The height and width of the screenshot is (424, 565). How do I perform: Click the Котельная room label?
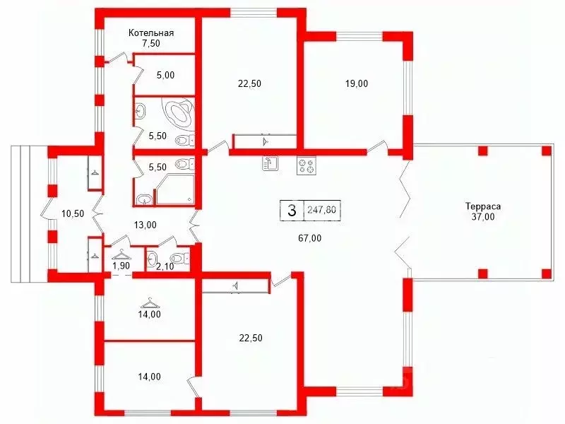[x=151, y=33]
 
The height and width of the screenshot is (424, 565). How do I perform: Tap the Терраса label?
[x=483, y=207]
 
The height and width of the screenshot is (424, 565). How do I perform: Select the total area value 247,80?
[x=321, y=209]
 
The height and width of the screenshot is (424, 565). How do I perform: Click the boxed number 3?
[x=292, y=209]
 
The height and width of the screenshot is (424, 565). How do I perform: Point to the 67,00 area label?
[x=310, y=238]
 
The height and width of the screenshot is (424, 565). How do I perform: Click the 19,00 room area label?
[x=357, y=83]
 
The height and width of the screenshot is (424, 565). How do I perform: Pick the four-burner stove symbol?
[x=307, y=166]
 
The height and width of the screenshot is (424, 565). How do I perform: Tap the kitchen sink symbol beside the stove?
[x=270, y=164]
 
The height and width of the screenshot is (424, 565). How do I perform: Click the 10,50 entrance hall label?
[x=73, y=213]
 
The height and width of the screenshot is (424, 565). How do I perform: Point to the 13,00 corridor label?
[x=145, y=225]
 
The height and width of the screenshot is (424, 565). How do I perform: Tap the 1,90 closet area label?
[x=121, y=266]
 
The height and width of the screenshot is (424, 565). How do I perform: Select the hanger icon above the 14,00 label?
[x=150, y=301]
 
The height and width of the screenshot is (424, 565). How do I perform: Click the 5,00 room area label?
[x=166, y=75]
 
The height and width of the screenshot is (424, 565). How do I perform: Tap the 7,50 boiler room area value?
[x=151, y=43]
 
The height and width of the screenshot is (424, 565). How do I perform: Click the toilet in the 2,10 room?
[x=180, y=259]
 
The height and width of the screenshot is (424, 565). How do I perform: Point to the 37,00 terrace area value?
[x=483, y=217]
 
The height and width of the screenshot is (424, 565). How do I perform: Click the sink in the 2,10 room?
[x=152, y=258]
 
